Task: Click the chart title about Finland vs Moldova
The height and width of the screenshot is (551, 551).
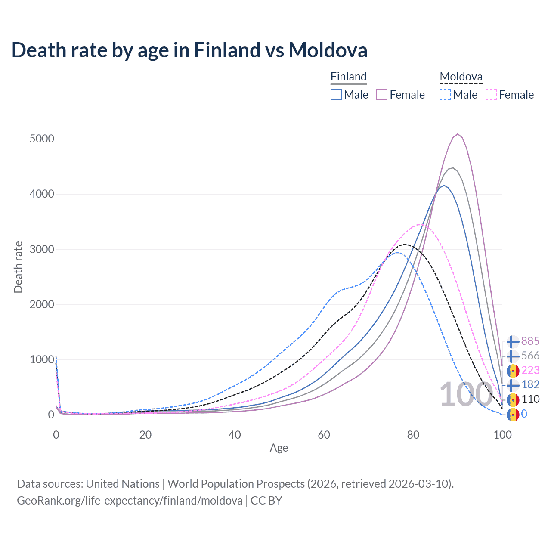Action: pos(189,50)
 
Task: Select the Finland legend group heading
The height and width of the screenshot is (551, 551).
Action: pos(348,77)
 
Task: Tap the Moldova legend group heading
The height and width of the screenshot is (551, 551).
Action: pos(461,77)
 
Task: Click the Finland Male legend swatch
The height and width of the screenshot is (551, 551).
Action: pos(336,95)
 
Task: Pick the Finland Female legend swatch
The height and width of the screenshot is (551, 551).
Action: pos(382,95)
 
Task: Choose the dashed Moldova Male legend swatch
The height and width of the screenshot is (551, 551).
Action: pos(445,95)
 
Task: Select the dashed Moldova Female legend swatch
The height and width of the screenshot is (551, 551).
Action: pos(491,95)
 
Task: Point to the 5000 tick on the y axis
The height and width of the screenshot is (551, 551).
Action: pos(42,139)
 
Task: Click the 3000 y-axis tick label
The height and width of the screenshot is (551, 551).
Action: pos(42,249)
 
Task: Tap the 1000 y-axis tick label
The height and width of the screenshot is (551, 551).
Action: pos(42,359)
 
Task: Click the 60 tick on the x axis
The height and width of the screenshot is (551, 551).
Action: pos(324,435)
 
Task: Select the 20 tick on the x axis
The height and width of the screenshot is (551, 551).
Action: pos(145,435)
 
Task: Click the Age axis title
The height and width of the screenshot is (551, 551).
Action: pos(279,448)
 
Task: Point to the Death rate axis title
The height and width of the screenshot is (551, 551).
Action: pos(18,267)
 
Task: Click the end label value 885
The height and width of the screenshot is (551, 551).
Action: pos(530,341)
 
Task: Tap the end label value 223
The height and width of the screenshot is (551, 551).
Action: pos(530,370)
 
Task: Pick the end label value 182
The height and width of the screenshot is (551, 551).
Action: pos(530,384)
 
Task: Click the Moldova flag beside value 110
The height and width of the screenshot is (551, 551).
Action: pos(513,399)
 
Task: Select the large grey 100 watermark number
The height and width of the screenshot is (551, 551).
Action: pos(466,394)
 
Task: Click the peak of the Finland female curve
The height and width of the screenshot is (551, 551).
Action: pos(458,134)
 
